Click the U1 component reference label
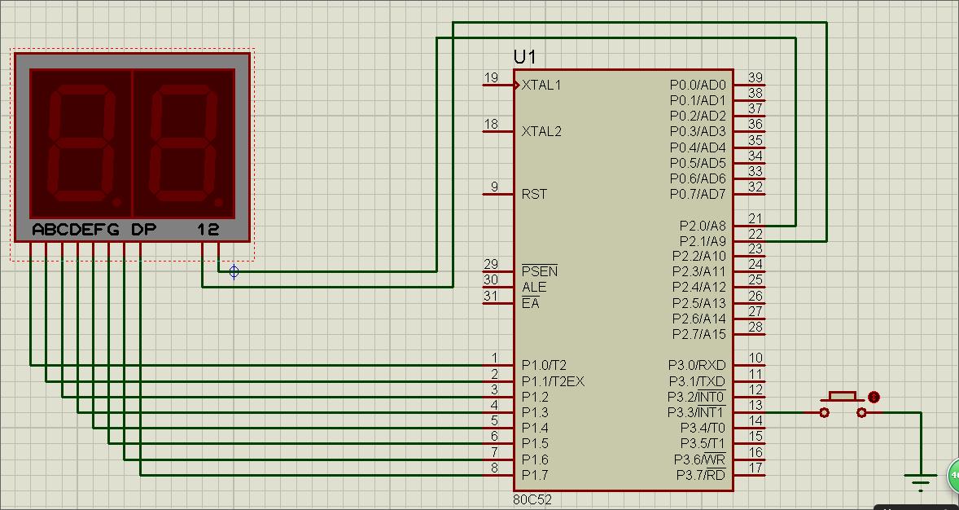pyautogui.click(x=525, y=57)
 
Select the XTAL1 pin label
pyautogui.click(x=541, y=85)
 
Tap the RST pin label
pyautogui.click(x=534, y=194)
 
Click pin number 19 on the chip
pyautogui.click(x=491, y=77)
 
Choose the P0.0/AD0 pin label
pyautogui.click(x=698, y=85)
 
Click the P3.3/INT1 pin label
pyautogui.click(x=696, y=413)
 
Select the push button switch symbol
pyautogui.click(x=843, y=404)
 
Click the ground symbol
pyautogui.click(x=921, y=481)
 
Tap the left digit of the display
pyautogui.click(x=81, y=143)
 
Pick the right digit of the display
pyautogui.click(x=183, y=143)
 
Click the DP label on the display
pyautogui.click(x=144, y=231)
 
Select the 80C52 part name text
pyautogui.click(x=532, y=500)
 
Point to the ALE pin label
pyautogui.click(x=534, y=287)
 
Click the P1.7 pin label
pyautogui.click(x=535, y=475)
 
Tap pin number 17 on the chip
pyautogui.click(x=756, y=468)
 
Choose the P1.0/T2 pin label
pyautogui.click(x=544, y=366)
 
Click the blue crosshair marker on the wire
pyautogui.click(x=234, y=271)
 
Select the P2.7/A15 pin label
pyautogui.click(x=699, y=334)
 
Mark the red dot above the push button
pyautogui.click(x=874, y=398)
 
